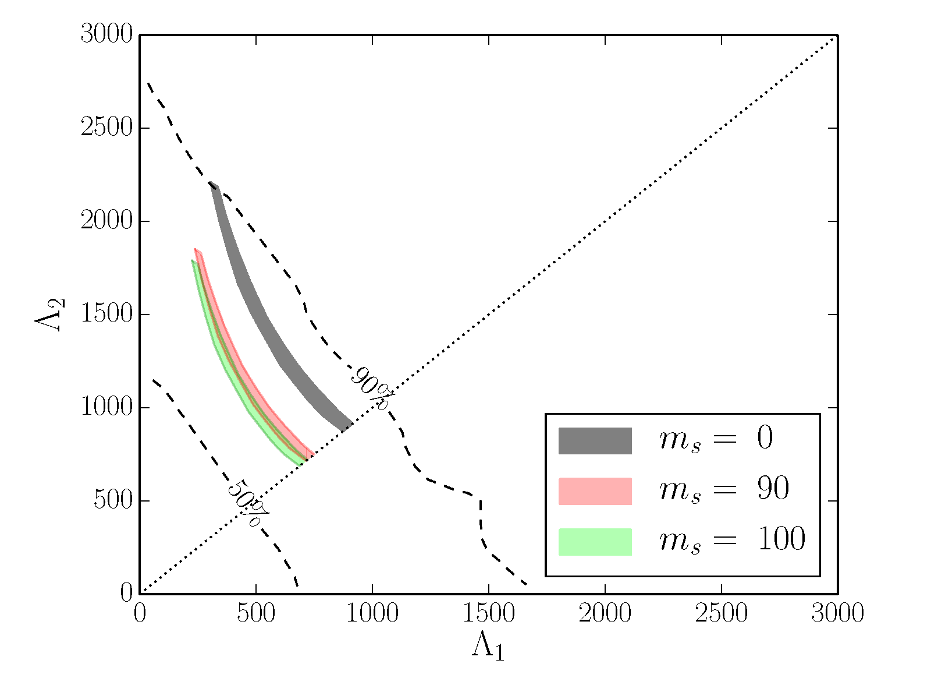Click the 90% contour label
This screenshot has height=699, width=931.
tap(372, 389)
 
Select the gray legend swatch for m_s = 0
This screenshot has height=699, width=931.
tap(595, 440)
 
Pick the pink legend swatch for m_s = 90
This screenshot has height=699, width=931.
tap(595, 491)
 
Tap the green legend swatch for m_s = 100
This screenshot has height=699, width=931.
tap(595, 542)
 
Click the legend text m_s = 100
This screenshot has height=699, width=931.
tap(732, 539)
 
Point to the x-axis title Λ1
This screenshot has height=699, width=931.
tap(488, 647)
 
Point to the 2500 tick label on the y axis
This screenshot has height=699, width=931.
tap(106, 128)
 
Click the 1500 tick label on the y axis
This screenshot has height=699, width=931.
tap(106, 315)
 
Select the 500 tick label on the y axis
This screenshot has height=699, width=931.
tap(113, 501)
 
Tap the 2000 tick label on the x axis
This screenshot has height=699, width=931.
tap(605, 613)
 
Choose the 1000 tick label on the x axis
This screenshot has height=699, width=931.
tap(372, 613)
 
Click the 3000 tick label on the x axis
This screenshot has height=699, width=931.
tap(837, 613)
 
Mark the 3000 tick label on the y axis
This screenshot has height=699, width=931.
tap(106, 35)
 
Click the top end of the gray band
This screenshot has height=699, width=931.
tap(214, 186)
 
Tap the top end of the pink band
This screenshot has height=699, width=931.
tap(197, 252)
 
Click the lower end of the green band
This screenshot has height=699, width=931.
tap(300, 462)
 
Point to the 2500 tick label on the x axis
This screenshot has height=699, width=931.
tap(722, 613)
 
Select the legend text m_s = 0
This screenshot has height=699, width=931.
tap(716, 439)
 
